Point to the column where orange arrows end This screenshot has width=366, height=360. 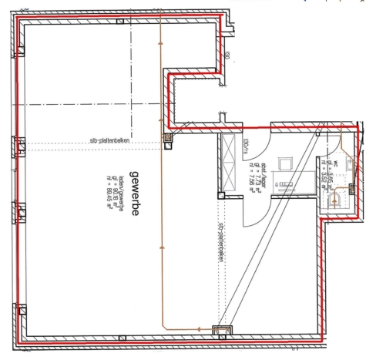click(x=168, y=139)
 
